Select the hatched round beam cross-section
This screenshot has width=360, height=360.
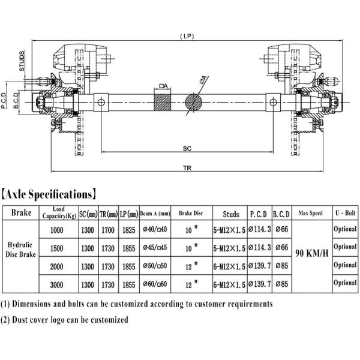click(x=195, y=101)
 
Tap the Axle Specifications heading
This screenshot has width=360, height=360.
click(x=49, y=194)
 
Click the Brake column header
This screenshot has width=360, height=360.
click(x=21, y=213)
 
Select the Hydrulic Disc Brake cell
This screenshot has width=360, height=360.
click(x=21, y=251)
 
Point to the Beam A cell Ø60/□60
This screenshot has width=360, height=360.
click(x=155, y=283)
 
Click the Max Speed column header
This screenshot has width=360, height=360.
click(x=311, y=213)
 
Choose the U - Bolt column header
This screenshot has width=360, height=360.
click(x=345, y=213)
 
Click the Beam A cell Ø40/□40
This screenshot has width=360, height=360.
click(x=155, y=229)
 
